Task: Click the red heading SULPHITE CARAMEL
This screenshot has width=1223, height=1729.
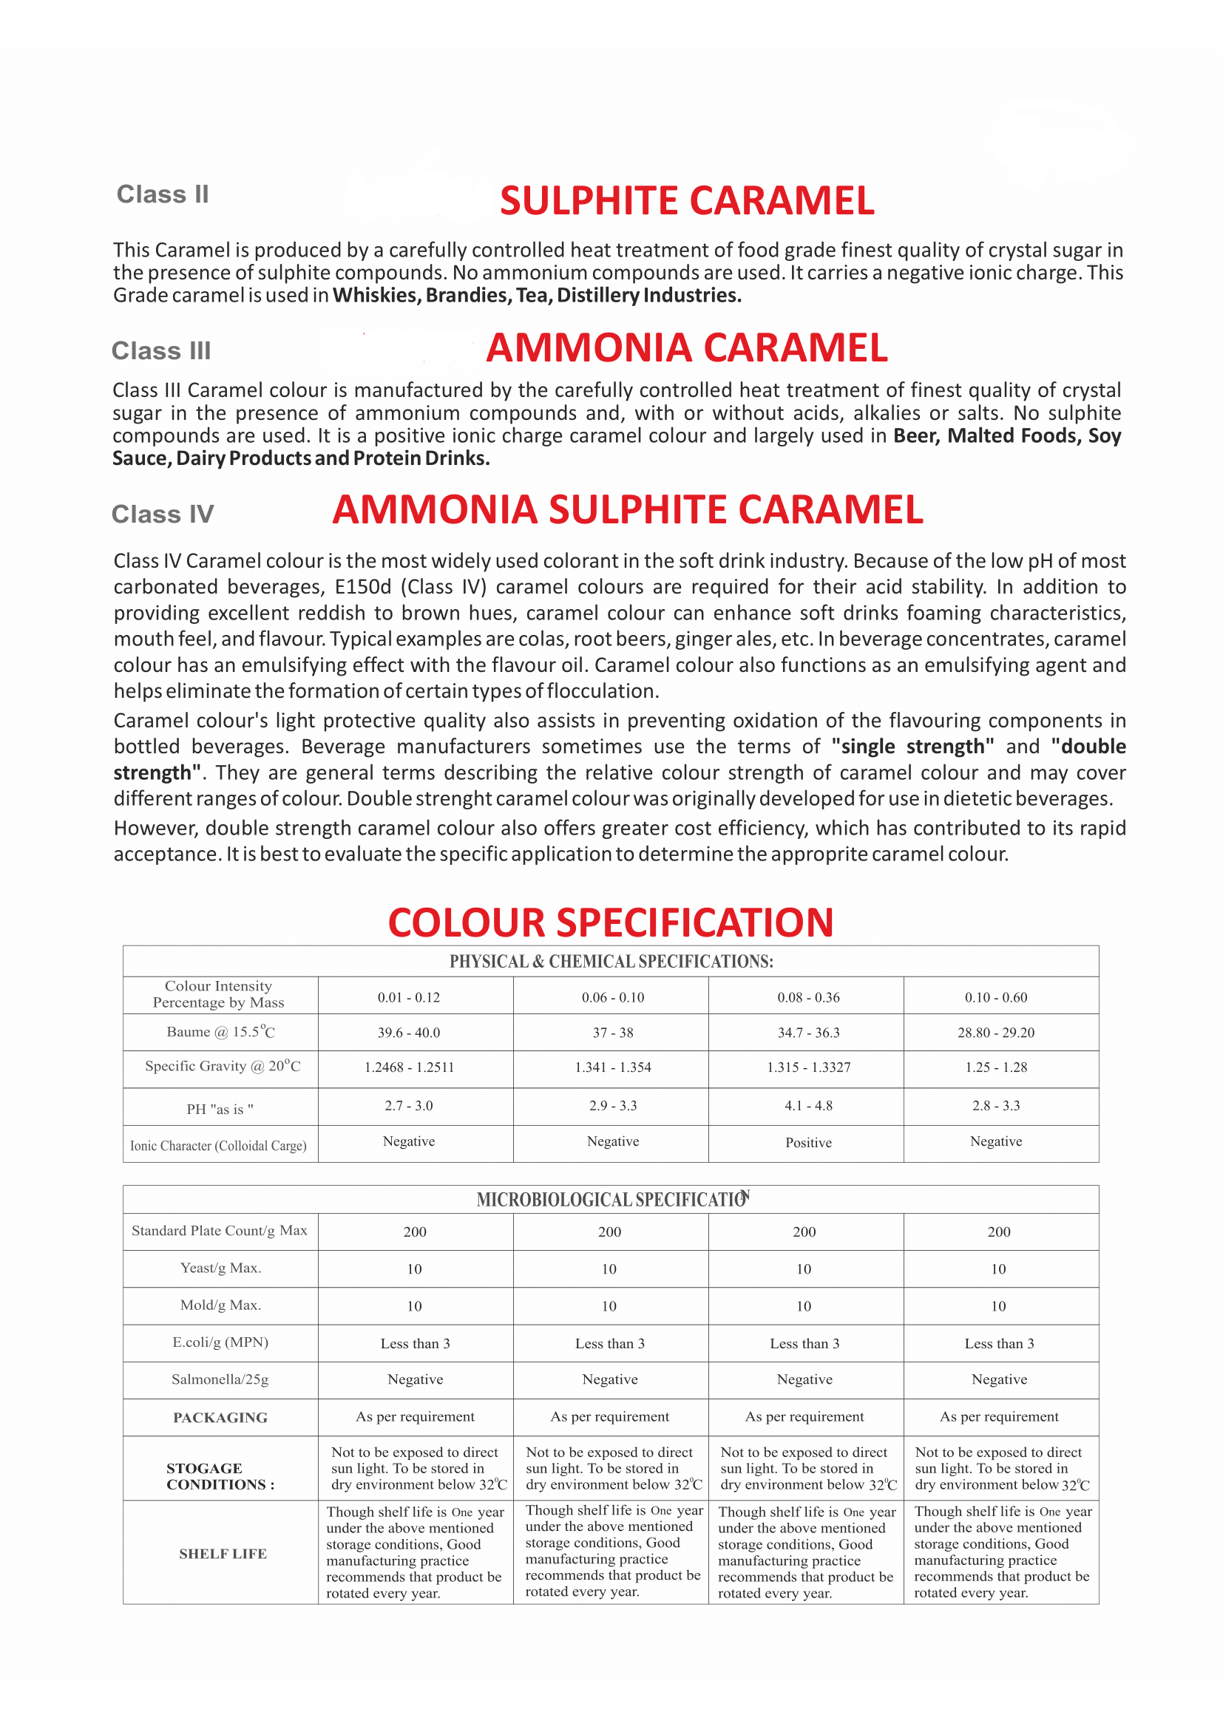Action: [x=687, y=201]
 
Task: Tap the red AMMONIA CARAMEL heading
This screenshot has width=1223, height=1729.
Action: [x=687, y=348]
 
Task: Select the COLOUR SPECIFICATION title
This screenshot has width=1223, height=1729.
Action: [x=611, y=923]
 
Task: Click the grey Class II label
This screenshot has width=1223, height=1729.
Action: [x=163, y=194]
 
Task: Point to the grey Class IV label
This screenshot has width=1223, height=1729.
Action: [x=163, y=514]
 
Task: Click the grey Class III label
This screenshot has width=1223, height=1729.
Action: [x=161, y=351]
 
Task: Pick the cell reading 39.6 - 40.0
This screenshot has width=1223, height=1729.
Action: [x=409, y=1033]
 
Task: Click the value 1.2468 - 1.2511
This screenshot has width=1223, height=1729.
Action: [x=409, y=1067]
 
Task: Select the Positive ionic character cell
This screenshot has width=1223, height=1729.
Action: [x=808, y=1142]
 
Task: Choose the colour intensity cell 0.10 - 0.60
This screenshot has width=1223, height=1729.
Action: [x=995, y=997]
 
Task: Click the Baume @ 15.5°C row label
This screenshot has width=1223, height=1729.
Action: [x=220, y=1032]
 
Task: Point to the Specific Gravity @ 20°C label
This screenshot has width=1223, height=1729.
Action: [x=223, y=1067]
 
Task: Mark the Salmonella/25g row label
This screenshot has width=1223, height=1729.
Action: [x=220, y=1379]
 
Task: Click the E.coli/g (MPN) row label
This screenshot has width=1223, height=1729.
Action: [x=220, y=1342]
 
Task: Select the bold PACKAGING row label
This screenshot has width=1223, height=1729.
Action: [x=220, y=1417]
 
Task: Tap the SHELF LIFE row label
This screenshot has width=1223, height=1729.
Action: [x=223, y=1554]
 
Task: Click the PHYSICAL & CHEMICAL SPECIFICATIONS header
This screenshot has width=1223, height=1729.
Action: [x=611, y=962]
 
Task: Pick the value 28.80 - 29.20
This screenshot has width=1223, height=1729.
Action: [x=995, y=1033]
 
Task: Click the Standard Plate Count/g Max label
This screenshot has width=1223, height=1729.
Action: [x=219, y=1231]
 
